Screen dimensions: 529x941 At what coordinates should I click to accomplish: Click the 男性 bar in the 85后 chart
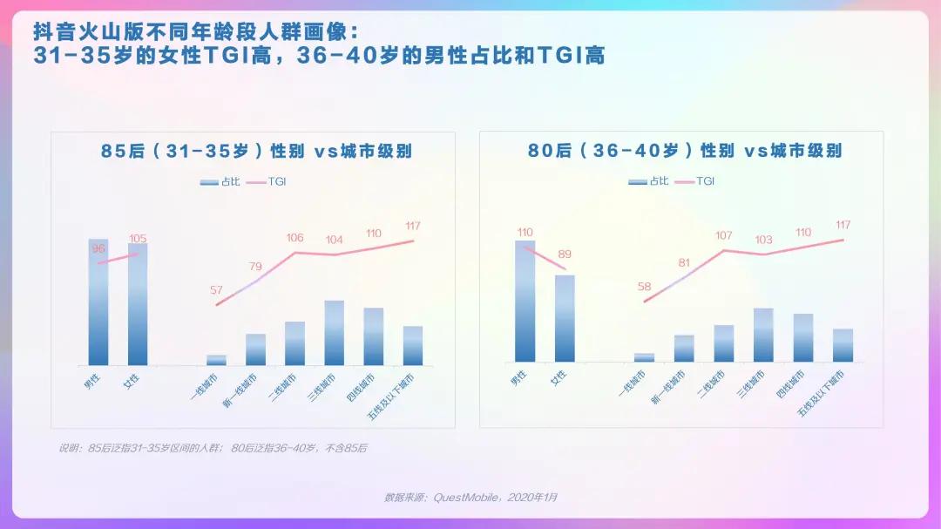click(x=98, y=302)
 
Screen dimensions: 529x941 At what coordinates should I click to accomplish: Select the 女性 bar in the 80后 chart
click(x=565, y=318)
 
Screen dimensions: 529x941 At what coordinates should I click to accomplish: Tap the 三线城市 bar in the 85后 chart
click(x=335, y=333)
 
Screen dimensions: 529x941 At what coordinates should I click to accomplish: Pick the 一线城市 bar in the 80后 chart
click(x=644, y=357)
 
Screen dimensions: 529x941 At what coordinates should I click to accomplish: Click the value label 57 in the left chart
click(x=216, y=289)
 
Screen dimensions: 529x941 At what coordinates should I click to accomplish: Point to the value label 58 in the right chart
click(x=644, y=287)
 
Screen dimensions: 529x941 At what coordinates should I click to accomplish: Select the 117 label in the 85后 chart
click(x=413, y=227)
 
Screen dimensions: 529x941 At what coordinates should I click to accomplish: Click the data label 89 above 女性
click(x=565, y=254)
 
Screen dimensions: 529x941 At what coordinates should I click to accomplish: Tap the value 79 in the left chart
click(x=255, y=267)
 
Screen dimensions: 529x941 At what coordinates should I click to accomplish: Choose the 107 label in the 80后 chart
click(x=723, y=235)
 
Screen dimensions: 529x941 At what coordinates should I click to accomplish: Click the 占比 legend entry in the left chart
click(x=220, y=182)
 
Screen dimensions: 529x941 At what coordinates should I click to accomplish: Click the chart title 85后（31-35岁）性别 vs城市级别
click(x=256, y=151)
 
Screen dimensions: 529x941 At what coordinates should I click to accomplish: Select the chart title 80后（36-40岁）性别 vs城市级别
click(x=685, y=150)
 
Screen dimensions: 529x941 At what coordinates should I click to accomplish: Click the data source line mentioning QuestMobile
click(x=470, y=498)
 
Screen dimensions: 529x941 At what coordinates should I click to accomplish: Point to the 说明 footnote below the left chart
click(x=213, y=448)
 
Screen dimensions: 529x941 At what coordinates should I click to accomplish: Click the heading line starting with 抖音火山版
click(x=195, y=32)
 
